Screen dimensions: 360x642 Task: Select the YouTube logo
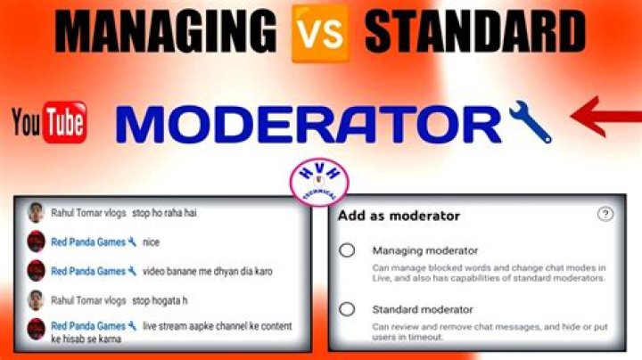pyautogui.click(x=50, y=123)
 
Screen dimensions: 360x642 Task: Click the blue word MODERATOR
pyautogui.click(x=309, y=124)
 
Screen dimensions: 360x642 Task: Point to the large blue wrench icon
pyautogui.click(x=530, y=123)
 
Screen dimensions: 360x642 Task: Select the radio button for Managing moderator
pyautogui.click(x=347, y=250)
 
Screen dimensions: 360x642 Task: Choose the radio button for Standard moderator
pyautogui.click(x=347, y=309)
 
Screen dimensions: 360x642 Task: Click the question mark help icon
pyautogui.click(x=605, y=214)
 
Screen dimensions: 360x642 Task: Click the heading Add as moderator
pyautogui.click(x=399, y=216)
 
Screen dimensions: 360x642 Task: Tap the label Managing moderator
pyautogui.click(x=425, y=250)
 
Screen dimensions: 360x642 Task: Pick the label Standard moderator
pyautogui.click(x=423, y=309)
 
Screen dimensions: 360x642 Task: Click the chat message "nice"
pyautogui.click(x=151, y=241)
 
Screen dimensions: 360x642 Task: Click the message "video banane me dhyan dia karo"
pyautogui.click(x=208, y=271)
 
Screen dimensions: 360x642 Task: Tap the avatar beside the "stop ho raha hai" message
pyautogui.click(x=36, y=213)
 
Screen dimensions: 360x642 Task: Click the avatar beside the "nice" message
pyautogui.click(x=36, y=241)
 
